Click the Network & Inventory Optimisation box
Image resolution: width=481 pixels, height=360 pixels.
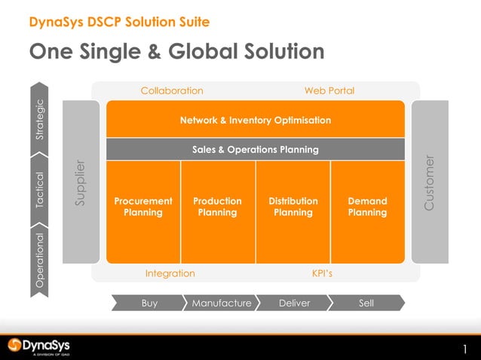pos(255,120)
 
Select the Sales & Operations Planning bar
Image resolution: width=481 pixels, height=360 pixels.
pos(255,149)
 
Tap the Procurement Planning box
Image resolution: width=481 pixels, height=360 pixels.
pos(143,207)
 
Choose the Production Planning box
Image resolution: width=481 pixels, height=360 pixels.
pos(218,207)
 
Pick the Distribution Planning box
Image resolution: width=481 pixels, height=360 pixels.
pos(293,207)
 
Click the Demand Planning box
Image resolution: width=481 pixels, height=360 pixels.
pos(368,207)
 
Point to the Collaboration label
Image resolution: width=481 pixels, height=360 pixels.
pos(172,91)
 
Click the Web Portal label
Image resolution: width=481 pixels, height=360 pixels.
pos(329,91)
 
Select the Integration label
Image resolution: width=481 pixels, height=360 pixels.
pos(170,273)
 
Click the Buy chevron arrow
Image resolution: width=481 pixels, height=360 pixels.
pos(149,303)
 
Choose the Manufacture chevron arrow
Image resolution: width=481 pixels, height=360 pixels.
pos(221,303)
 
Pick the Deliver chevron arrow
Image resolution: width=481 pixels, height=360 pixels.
pos(294,303)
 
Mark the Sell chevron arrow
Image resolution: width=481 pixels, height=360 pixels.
pos(366,303)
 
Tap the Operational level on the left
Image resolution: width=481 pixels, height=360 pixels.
pos(41,260)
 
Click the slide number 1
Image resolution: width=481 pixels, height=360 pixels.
pos(465,349)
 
